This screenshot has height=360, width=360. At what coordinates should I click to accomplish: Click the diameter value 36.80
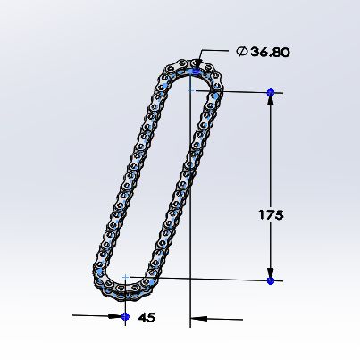270,52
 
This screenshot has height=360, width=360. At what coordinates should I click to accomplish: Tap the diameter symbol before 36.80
242,52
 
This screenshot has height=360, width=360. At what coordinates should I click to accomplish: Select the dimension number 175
271,214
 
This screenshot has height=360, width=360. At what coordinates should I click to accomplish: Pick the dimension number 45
147,318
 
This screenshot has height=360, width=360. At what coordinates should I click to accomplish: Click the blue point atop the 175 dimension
271,93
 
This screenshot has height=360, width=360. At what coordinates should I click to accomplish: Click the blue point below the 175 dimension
271,280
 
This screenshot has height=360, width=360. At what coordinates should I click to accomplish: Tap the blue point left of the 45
125,316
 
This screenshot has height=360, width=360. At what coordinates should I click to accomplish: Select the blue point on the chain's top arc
196,71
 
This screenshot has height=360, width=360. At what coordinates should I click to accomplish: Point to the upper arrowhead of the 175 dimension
271,101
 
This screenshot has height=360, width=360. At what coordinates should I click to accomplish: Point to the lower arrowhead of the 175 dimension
271,272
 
